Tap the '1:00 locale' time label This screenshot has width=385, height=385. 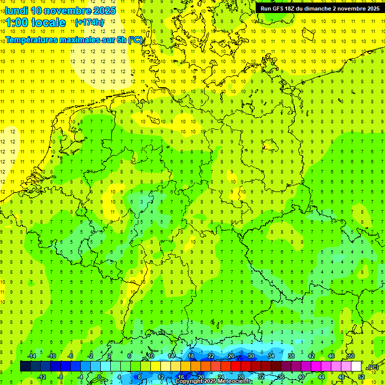(x=36, y=23)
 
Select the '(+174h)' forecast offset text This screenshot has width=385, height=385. (x=89, y=23)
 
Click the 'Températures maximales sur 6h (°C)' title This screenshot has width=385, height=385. (x=73, y=40)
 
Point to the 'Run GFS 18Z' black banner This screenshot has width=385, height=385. (x=319, y=8)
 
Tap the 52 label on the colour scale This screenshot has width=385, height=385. (x=361, y=377)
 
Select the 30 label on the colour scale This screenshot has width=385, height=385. (x=251, y=356)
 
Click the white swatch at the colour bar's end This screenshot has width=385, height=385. (x=356, y=366)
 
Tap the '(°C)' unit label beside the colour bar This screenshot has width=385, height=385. (x=372, y=367)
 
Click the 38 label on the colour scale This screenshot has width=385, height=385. (x=291, y=356)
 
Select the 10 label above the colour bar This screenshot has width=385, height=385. (x=150, y=356)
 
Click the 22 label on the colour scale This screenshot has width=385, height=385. (x=211, y=356)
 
